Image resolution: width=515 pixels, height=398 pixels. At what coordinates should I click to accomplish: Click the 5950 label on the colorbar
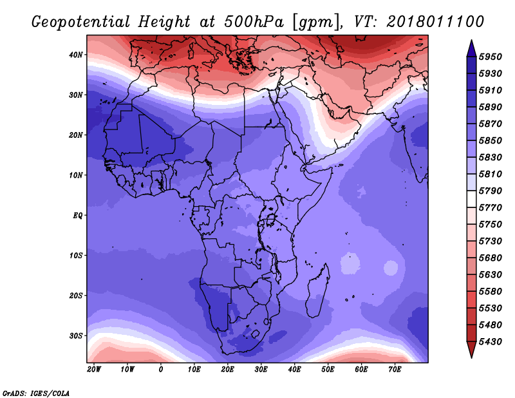[x=491, y=57]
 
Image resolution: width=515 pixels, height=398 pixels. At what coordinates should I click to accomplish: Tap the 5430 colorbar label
[x=491, y=341]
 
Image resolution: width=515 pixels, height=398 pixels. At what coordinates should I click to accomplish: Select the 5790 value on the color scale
[x=491, y=191]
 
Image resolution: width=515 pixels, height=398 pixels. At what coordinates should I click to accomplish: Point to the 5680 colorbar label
[x=491, y=258]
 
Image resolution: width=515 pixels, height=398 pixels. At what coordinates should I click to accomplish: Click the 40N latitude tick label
[x=76, y=55]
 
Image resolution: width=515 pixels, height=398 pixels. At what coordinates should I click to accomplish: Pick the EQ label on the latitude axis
[x=77, y=216]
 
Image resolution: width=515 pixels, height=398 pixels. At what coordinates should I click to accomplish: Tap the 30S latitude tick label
[x=76, y=336]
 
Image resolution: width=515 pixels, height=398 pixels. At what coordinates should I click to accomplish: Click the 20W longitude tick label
[x=94, y=370]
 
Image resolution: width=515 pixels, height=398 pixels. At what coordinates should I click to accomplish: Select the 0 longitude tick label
[x=160, y=370]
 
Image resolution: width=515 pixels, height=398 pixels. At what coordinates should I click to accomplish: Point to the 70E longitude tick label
[x=395, y=370]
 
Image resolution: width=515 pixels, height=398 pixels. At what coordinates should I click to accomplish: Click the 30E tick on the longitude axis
[x=261, y=370]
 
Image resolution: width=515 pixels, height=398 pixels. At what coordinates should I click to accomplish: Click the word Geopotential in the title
[x=81, y=23]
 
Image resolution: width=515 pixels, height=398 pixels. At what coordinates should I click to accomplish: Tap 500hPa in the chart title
[x=254, y=22]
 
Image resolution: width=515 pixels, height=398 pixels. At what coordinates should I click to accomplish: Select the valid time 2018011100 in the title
[x=435, y=22]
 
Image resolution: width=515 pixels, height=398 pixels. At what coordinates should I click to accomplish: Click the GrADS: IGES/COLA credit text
[x=36, y=393]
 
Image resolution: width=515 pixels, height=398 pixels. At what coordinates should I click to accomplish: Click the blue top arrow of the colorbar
[x=471, y=48]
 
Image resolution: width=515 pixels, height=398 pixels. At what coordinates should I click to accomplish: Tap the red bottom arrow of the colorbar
[x=471, y=350]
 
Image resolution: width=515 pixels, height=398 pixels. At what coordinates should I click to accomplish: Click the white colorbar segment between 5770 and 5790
[x=471, y=199]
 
